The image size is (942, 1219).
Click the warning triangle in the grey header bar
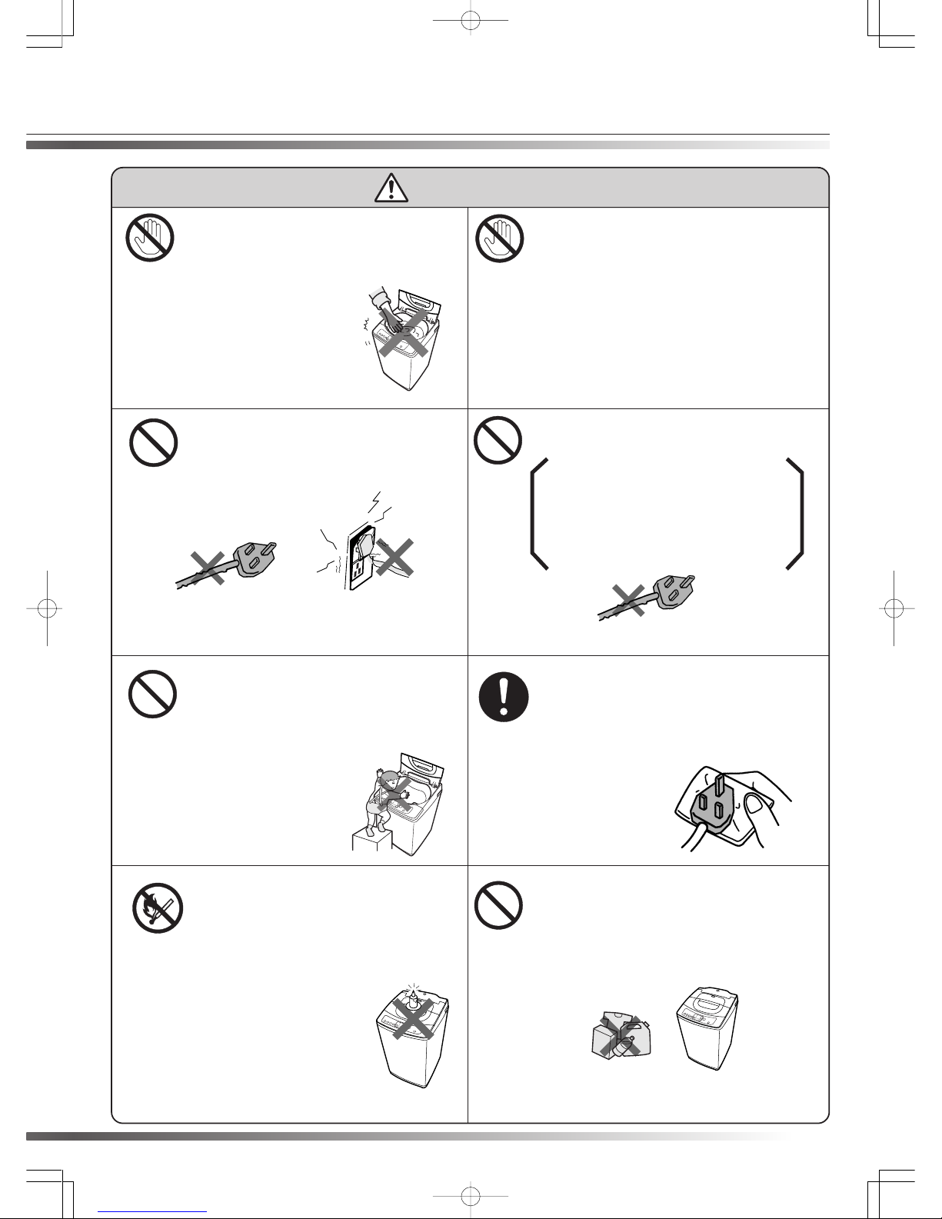pos(391,187)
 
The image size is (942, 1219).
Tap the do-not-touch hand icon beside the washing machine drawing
pos(150,237)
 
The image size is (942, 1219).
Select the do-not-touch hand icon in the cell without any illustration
pos(500,237)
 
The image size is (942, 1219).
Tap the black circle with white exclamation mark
pos(504,698)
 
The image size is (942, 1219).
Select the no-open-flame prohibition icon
pos(157,909)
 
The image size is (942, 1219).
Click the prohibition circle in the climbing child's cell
pos(153,695)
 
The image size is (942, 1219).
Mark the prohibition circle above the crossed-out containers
pos(499,904)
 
